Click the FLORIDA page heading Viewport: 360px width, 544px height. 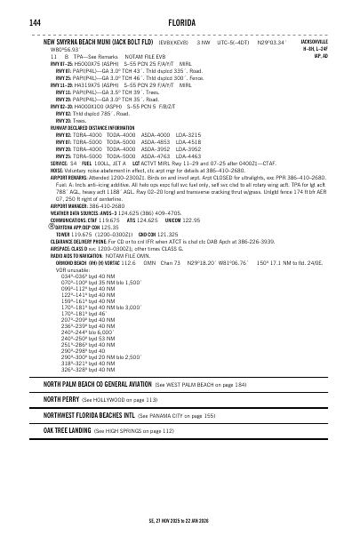(180, 20)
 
